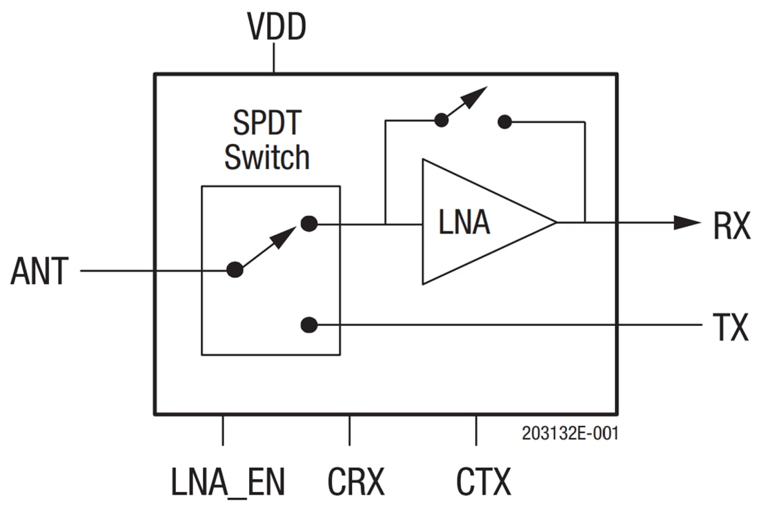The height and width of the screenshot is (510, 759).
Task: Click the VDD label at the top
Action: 276,29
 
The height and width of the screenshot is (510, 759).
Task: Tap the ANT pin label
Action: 40,272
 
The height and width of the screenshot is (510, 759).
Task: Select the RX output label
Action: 731,227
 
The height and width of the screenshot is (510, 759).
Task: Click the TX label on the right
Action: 730,327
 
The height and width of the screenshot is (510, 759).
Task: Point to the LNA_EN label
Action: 228,482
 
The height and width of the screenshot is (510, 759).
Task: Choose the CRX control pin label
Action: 356,482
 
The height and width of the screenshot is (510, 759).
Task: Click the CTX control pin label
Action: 484,482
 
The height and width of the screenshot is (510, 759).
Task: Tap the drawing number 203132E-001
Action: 570,434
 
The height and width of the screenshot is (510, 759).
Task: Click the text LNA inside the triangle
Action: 464,223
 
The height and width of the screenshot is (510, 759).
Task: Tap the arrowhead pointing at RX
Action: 687,222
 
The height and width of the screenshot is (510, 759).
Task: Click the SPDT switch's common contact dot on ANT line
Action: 235,270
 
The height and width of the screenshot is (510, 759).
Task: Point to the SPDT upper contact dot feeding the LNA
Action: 309,223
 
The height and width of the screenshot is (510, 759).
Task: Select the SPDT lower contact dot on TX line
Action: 309,324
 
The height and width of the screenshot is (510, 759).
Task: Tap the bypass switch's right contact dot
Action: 504,122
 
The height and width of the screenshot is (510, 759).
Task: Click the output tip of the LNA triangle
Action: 555,222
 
